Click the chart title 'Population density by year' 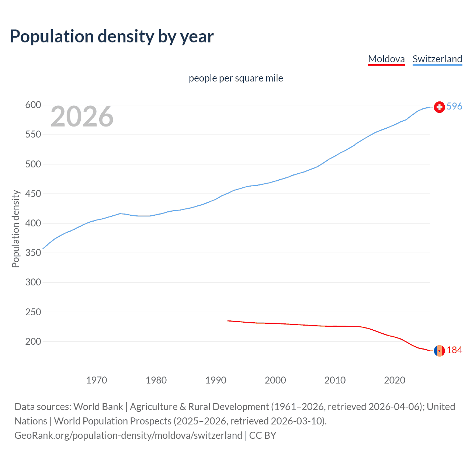112,37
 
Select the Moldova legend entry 386,59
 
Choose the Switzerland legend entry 437,59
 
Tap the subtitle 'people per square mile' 236,78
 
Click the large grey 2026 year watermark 82,117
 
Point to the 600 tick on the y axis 33,105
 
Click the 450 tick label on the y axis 33,194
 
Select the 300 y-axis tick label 33,282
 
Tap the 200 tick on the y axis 33,341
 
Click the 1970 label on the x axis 97,380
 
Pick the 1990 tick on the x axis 216,380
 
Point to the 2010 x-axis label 335,380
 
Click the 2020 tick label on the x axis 395,380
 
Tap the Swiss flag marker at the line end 439,107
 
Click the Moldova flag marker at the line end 439,351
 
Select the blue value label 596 454,107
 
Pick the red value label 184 454,350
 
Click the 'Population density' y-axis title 15,229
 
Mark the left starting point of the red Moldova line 228,321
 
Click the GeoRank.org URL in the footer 128,435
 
